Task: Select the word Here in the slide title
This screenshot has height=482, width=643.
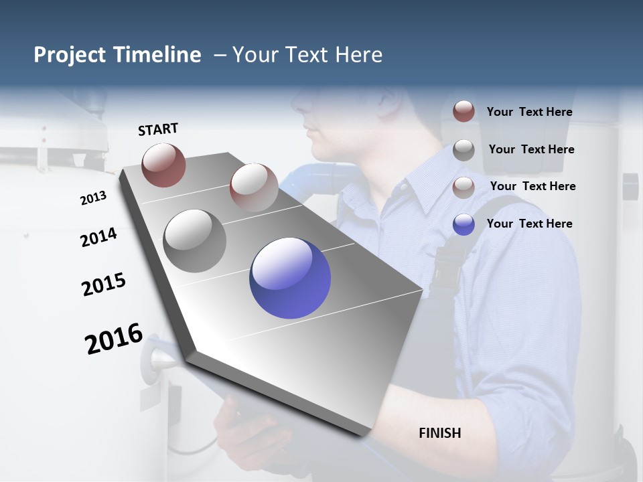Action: [x=358, y=55]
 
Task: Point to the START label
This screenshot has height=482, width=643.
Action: [x=158, y=129]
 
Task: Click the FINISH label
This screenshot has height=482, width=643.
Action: [x=440, y=433]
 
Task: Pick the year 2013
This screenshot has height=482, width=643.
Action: [x=93, y=198]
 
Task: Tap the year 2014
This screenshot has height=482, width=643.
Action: [x=98, y=238]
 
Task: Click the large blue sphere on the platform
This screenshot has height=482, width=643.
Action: [x=290, y=278]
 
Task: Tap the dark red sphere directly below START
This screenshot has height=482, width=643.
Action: [x=163, y=165]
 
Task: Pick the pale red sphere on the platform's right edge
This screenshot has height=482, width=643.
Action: [x=254, y=187]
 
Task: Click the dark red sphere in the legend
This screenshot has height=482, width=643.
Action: [x=463, y=111]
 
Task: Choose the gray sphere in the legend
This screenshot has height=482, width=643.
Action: [x=463, y=150]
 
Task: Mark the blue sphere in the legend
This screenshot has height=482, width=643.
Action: [x=463, y=224]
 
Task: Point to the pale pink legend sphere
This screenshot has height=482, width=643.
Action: [x=463, y=187]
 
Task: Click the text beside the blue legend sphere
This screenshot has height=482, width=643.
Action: [x=530, y=224]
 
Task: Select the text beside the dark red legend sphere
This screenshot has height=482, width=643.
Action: [x=530, y=112]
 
